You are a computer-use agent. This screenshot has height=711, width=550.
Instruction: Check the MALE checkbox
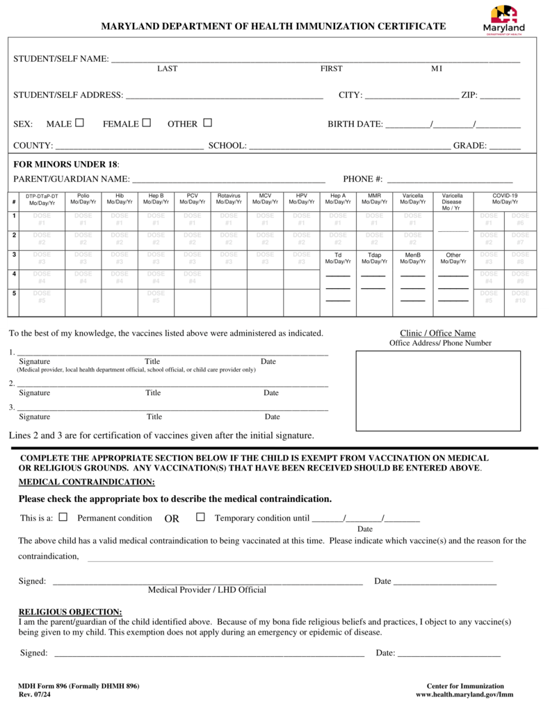(80, 123)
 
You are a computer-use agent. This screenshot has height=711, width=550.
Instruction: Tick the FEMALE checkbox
(147, 123)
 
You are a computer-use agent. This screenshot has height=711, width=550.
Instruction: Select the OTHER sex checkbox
(207, 123)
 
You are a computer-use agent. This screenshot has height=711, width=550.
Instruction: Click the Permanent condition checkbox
(63, 517)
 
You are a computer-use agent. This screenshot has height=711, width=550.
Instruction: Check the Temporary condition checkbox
(200, 517)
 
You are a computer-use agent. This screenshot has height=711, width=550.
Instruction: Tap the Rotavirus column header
(229, 199)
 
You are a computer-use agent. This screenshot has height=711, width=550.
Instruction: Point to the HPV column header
(301, 199)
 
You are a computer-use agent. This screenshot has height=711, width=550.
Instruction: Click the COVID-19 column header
(505, 199)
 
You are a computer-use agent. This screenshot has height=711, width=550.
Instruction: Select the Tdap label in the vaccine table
(374, 258)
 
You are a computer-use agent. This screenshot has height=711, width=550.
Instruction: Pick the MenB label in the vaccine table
(412, 258)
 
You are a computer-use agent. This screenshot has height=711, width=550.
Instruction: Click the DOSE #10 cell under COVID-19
(520, 297)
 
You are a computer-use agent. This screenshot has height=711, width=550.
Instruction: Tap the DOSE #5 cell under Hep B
(156, 297)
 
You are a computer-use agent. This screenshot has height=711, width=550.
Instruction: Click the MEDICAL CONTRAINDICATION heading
(86, 482)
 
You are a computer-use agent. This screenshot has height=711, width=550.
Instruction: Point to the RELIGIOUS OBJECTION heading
(70, 612)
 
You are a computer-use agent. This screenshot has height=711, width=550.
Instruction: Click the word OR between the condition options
(172, 519)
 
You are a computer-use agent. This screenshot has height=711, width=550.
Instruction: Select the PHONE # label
(362, 179)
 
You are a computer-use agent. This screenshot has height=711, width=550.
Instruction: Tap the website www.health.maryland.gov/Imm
(464, 695)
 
